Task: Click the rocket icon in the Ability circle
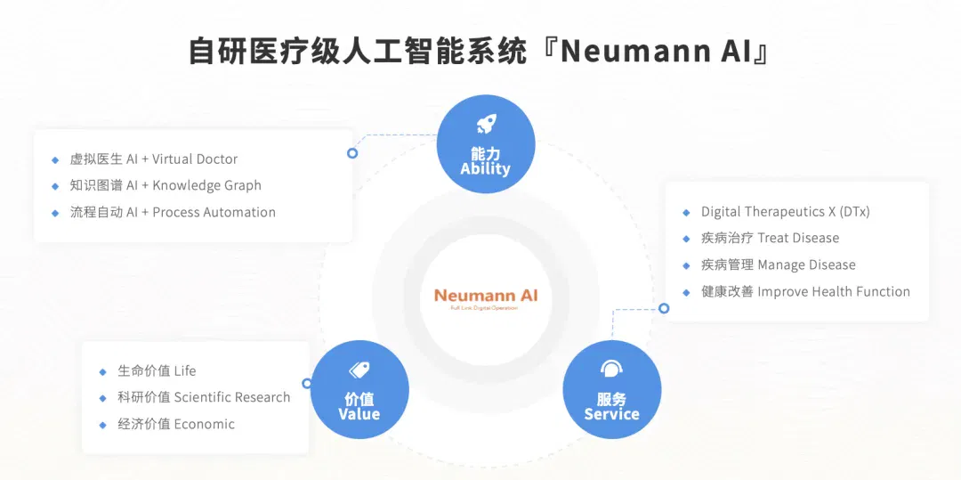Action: click(x=486, y=126)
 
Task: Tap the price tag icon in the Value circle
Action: click(x=359, y=370)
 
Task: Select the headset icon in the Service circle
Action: click(x=611, y=369)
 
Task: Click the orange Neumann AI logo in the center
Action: click(x=486, y=296)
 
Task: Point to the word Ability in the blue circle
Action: click(x=486, y=168)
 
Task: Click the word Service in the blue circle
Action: click(x=611, y=414)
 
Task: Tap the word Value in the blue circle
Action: click(x=359, y=414)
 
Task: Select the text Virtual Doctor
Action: click(x=195, y=159)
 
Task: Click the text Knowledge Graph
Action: click(x=206, y=186)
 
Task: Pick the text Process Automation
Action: click(x=214, y=212)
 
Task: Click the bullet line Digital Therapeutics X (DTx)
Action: click(x=785, y=212)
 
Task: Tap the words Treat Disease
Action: click(x=798, y=238)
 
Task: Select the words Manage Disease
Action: click(x=806, y=264)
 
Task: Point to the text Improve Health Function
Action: click(x=834, y=292)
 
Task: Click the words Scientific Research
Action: click(x=232, y=397)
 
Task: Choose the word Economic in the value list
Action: click(x=205, y=424)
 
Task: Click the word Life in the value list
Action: click(x=185, y=370)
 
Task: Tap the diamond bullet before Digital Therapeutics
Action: click(x=686, y=213)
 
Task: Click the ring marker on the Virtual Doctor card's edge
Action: click(x=352, y=153)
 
